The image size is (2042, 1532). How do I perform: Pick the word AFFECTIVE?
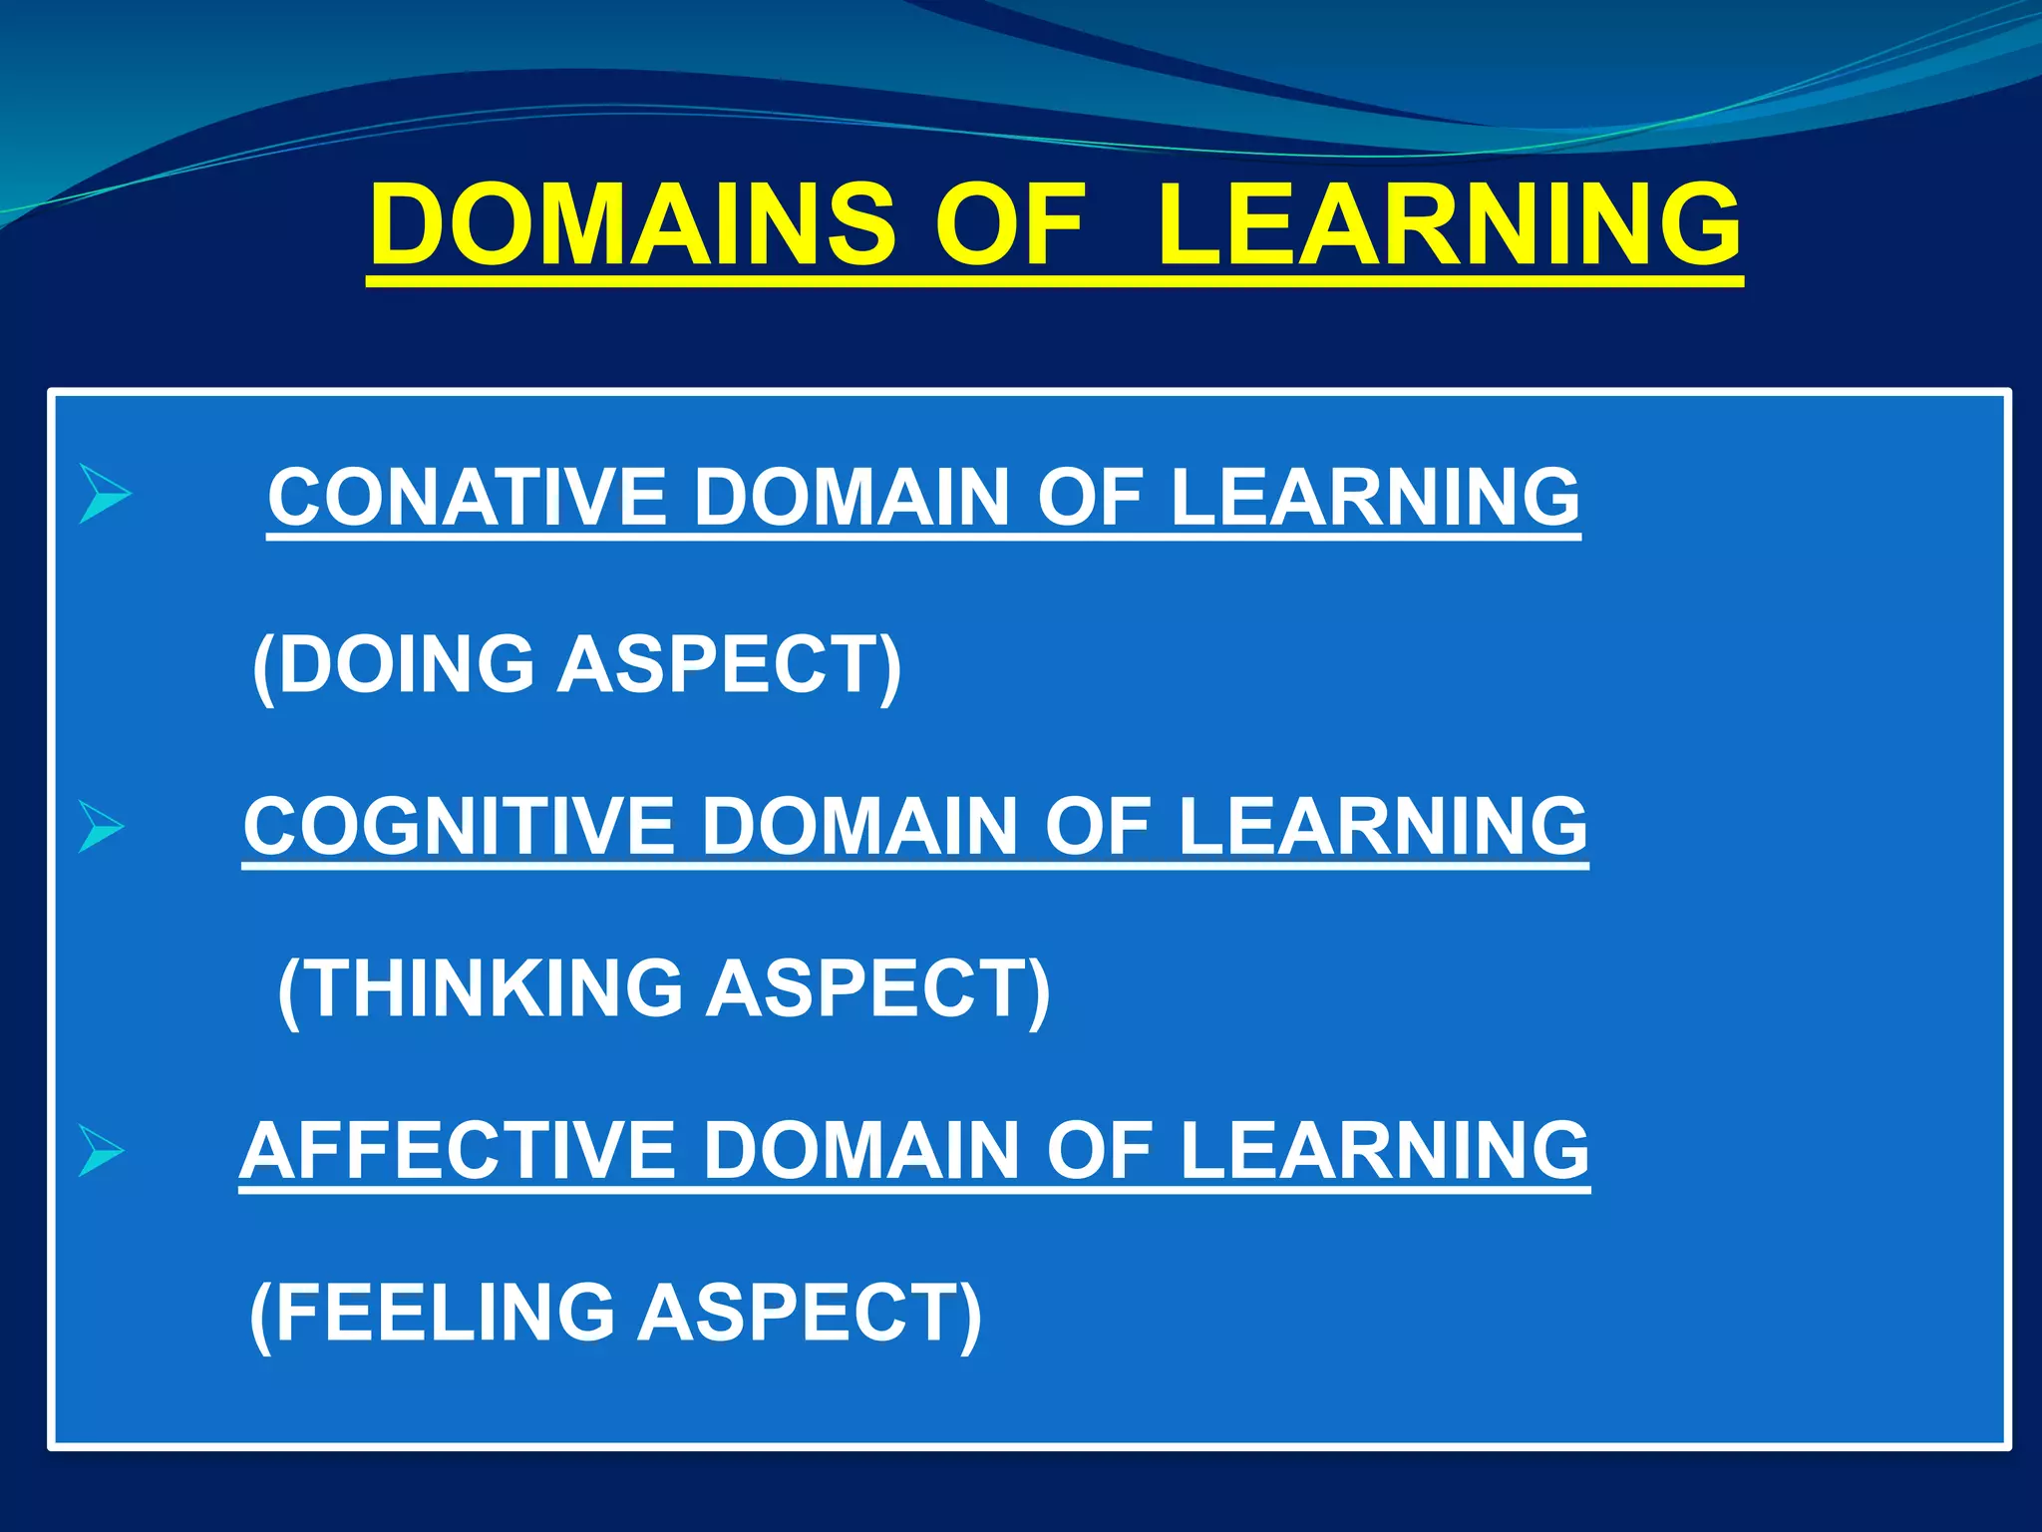460,1150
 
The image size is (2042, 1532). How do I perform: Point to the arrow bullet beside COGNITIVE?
101,827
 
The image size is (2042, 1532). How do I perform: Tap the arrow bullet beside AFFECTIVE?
101,1151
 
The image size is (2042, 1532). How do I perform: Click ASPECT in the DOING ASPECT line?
729,664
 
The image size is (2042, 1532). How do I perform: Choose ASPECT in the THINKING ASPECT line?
877,988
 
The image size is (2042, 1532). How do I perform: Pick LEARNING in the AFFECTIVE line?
1385,1150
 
